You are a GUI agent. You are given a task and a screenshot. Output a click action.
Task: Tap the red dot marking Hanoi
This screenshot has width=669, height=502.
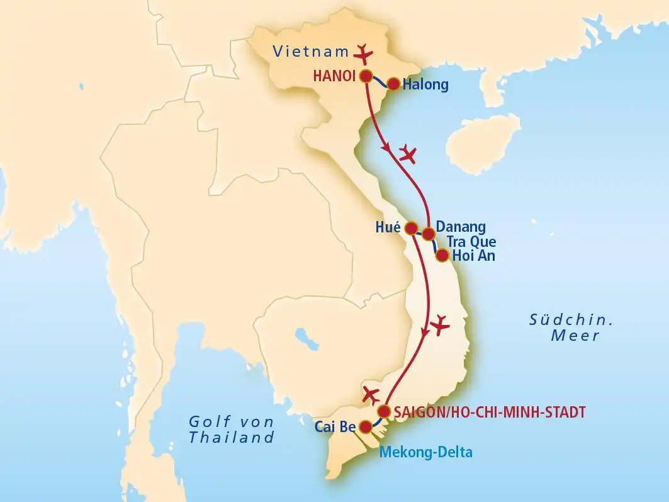tap(366, 76)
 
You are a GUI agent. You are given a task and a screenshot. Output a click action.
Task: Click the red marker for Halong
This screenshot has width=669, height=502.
tap(393, 84)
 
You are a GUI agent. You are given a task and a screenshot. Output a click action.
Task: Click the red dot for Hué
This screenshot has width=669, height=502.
tap(412, 227)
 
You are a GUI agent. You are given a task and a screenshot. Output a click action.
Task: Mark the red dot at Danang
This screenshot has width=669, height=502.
tap(428, 234)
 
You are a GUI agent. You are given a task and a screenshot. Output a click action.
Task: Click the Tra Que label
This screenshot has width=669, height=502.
tap(471, 241)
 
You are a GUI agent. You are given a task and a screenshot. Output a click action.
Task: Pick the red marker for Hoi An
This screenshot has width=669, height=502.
tap(442, 256)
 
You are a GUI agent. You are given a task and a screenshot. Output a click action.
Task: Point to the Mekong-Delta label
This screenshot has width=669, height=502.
tap(425, 451)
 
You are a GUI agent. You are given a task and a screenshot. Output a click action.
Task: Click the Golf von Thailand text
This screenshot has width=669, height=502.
tap(232, 429)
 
